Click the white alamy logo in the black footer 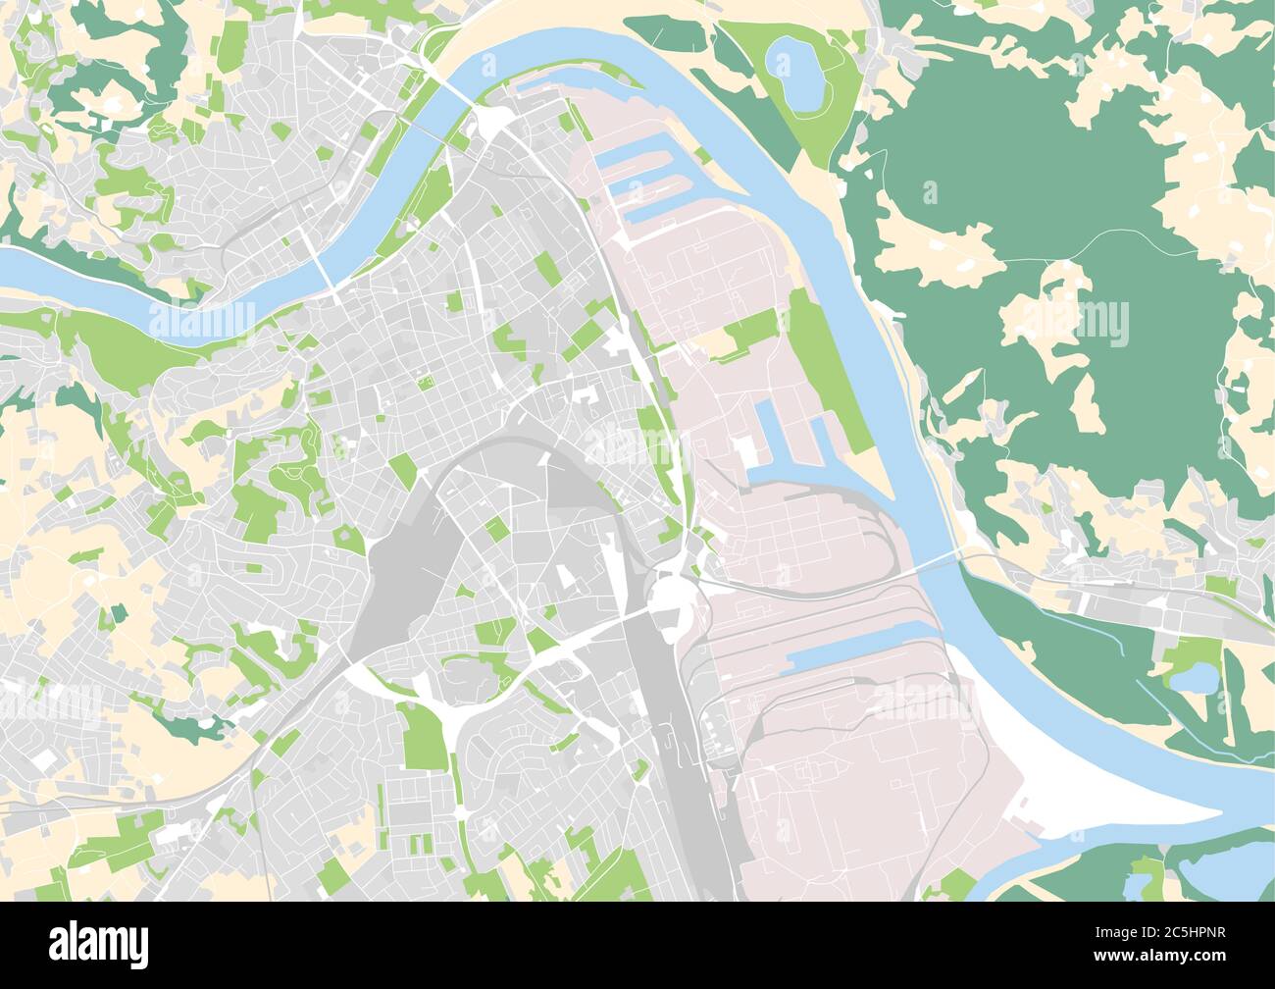pyautogui.click(x=98, y=944)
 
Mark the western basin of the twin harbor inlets pyautogui.click(x=771, y=432)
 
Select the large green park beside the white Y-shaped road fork pyautogui.click(x=423, y=736)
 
